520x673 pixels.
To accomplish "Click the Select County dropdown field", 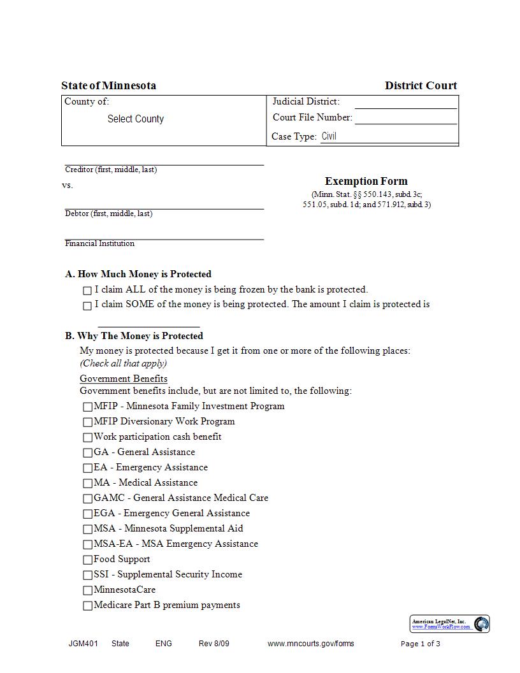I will pyautogui.click(x=135, y=119).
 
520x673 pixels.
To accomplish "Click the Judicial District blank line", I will pyautogui.click(x=405, y=103).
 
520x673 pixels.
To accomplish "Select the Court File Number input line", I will pyautogui.click(x=405, y=118).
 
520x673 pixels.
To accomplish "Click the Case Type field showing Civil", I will pyautogui.click(x=388, y=136).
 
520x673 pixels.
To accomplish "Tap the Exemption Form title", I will pyautogui.click(x=366, y=181).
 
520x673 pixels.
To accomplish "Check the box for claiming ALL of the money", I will pyautogui.click(x=87, y=291).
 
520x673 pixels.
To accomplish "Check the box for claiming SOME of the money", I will pyautogui.click(x=87, y=306).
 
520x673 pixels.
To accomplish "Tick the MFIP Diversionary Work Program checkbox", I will pyautogui.click(x=88, y=422).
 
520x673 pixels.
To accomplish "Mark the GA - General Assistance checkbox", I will pyautogui.click(x=88, y=452).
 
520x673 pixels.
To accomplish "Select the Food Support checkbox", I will pyautogui.click(x=88, y=560).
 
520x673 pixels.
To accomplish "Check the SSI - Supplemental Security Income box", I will pyautogui.click(x=88, y=575).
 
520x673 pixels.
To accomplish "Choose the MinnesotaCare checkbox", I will pyautogui.click(x=88, y=590).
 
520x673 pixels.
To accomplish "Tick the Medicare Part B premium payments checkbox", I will pyautogui.click(x=88, y=605).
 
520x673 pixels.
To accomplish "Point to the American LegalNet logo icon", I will pyautogui.click(x=481, y=624).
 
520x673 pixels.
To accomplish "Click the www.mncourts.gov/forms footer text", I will pyautogui.click(x=310, y=644).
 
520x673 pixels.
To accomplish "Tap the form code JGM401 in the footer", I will pyautogui.click(x=83, y=644).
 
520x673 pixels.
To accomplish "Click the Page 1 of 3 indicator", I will pyautogui.click(x=420, y=644).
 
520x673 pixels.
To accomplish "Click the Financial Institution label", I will pyautogui.click(x=99, y=243).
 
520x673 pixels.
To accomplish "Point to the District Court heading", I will pyautogui.click(x=421, y=85).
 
